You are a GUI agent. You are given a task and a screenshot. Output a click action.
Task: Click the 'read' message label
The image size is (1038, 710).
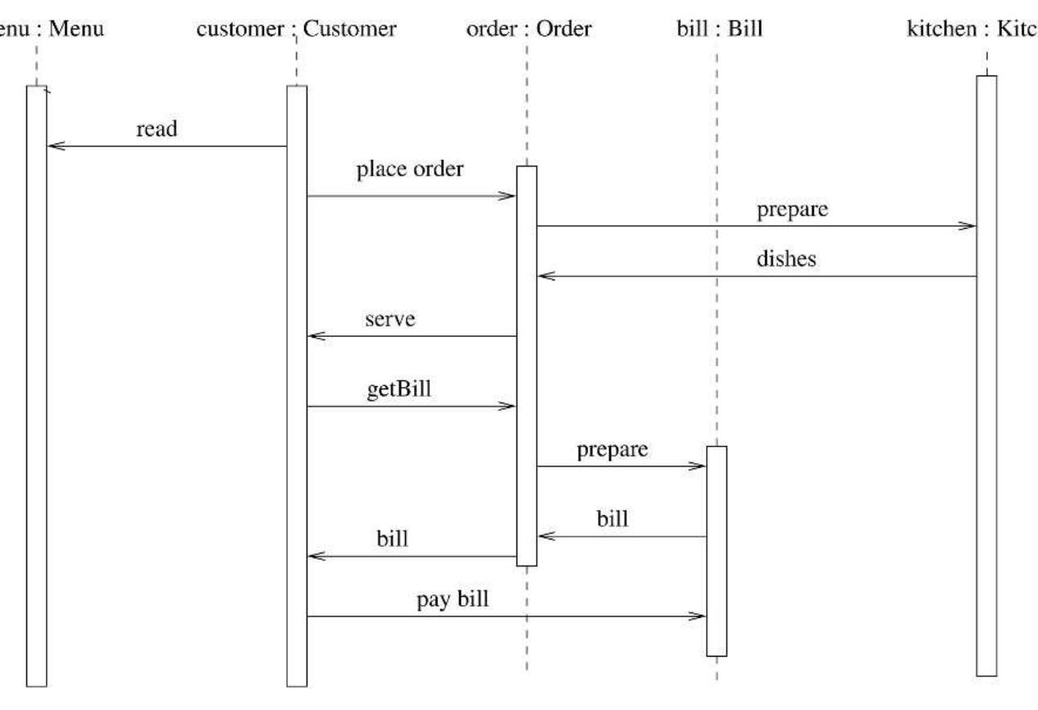point(157,130)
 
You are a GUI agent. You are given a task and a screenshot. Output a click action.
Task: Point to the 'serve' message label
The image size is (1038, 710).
point(390,319)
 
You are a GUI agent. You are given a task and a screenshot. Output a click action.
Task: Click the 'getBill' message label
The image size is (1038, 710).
point(399,388)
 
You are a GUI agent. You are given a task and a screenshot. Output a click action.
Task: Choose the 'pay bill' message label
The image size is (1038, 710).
point(453,598)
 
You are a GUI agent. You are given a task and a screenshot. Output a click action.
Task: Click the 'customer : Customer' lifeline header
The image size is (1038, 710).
point(298,30)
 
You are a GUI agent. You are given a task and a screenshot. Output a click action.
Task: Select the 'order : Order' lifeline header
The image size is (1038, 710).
point(526,30)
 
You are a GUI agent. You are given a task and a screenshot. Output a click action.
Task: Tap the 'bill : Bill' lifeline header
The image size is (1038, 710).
point(716,30)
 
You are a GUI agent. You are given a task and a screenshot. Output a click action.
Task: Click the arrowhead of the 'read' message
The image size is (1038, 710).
point(52,147)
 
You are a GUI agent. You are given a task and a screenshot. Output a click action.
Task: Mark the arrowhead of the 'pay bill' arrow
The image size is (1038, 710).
point(699,617)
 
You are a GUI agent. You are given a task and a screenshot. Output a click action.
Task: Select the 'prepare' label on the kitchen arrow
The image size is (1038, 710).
point(793,209)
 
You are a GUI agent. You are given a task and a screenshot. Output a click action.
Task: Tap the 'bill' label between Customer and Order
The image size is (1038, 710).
point(393,539)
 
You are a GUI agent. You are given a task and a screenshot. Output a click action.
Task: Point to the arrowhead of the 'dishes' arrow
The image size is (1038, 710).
point(543,277)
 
